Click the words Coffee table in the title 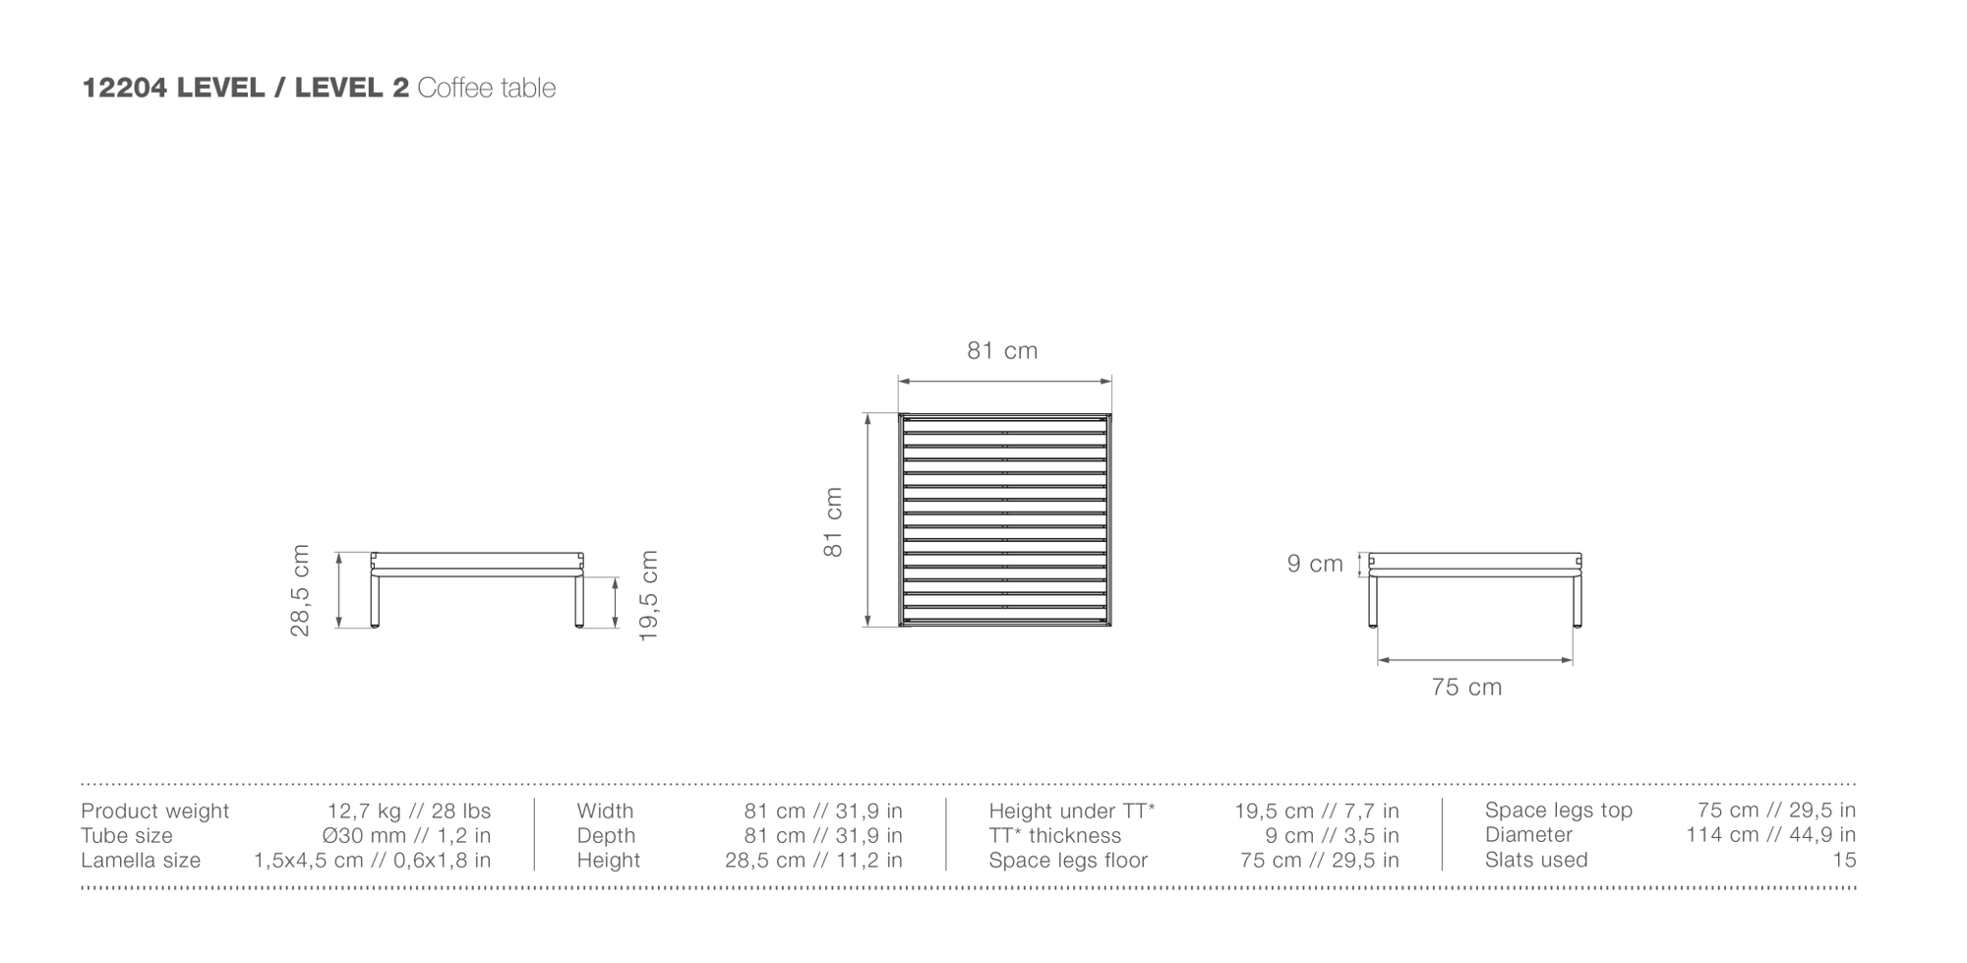487,88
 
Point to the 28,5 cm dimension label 300,590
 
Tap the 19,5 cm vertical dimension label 648,596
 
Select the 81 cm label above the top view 1002,351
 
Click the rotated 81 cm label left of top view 833,522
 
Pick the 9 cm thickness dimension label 1315,564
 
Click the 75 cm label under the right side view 1466,688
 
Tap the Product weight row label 154,812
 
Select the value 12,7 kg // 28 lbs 409,812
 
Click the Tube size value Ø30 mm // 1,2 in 406,836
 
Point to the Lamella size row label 141,861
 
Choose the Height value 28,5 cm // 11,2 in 813,861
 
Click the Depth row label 606,836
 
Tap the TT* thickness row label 1054,836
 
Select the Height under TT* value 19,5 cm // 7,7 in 1317,812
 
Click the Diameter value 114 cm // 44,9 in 1771,835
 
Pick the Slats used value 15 1845,860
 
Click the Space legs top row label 1559,811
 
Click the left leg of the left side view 375,601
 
